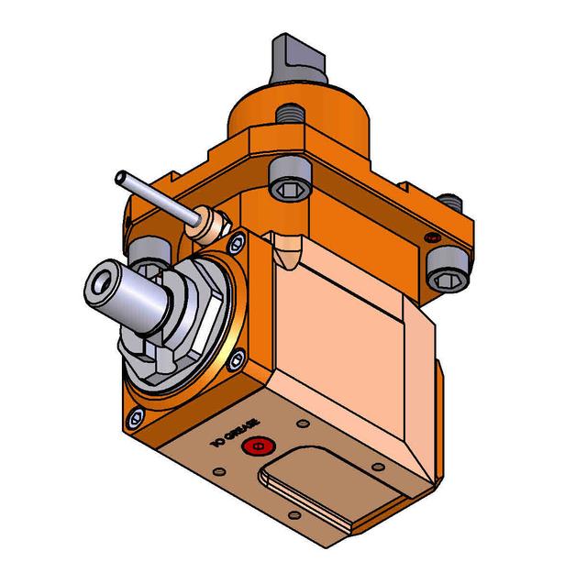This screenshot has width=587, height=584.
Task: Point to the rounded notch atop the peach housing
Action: coord(290,245)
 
